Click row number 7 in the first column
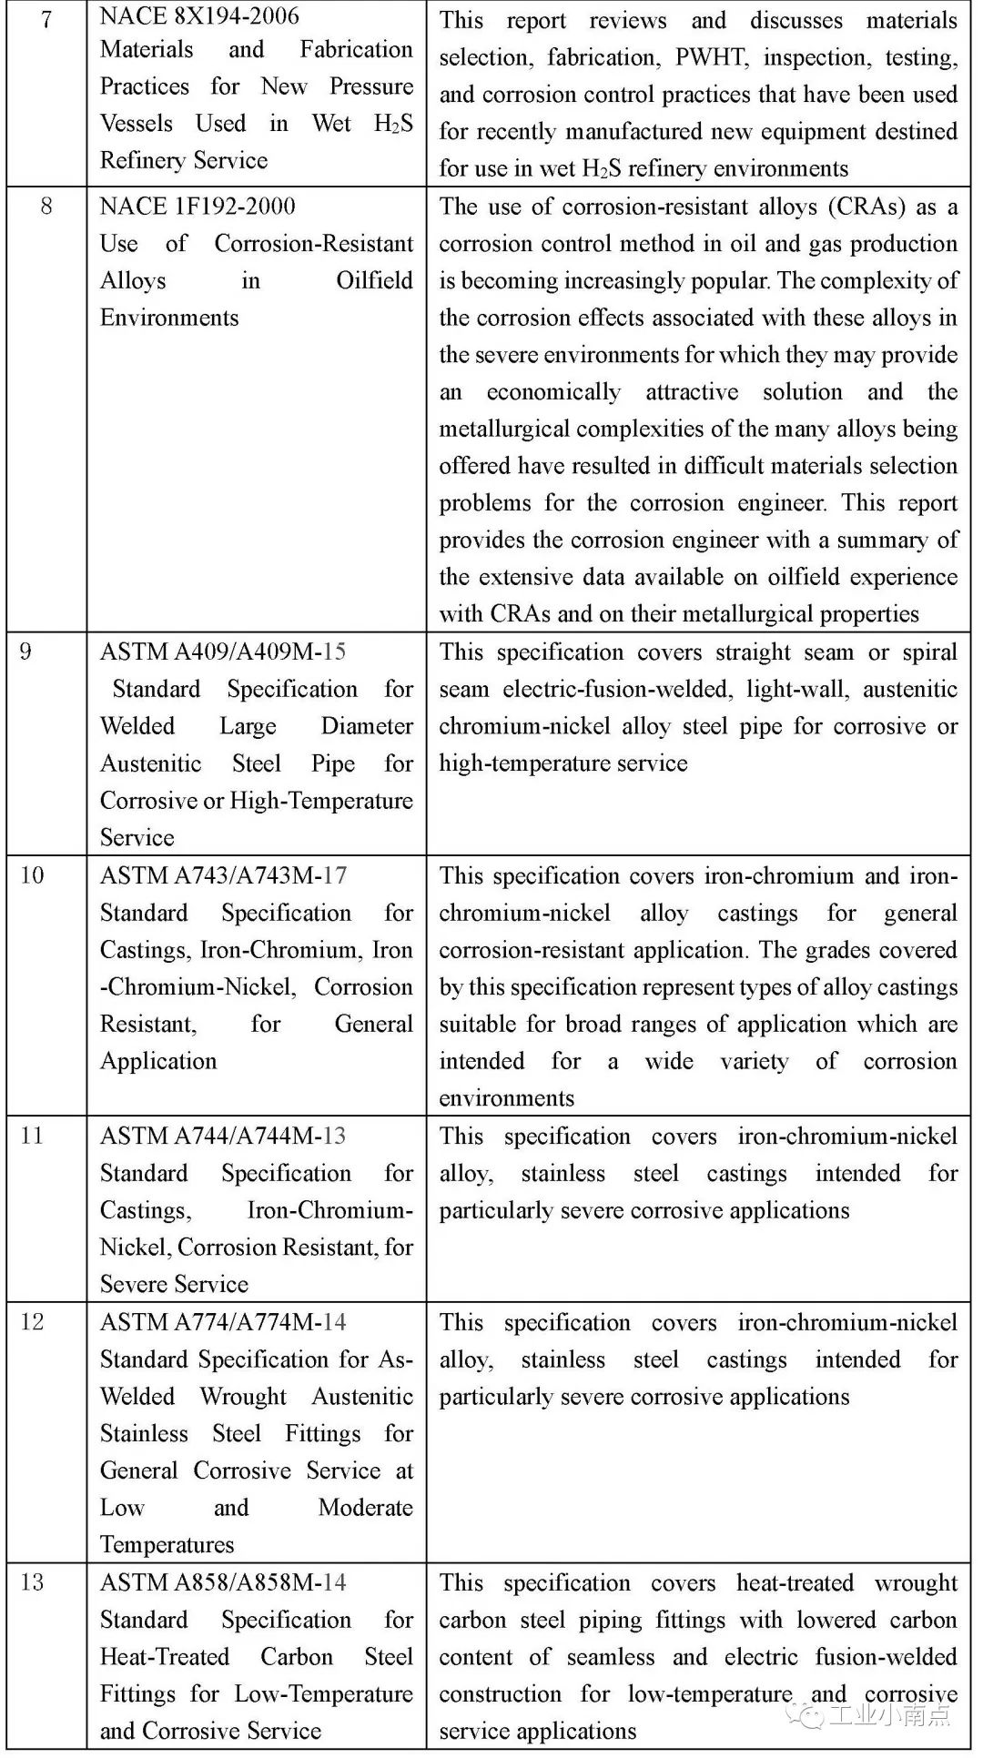(46, 18)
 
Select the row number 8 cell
(46, 206)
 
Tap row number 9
(25, 652)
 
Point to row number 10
(32, 875)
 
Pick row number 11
(32, 1136)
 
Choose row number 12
(32, 1322)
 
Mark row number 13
(32, 1582)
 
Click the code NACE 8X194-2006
(199, 15)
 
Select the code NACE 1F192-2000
(198, 206)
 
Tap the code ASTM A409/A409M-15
(223, 652)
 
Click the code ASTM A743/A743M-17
(223, 875)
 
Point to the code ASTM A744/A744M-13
(223, 1136)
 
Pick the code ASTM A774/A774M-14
(223, 1322)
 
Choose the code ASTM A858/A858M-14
(223, 1582)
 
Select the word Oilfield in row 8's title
(374, 280)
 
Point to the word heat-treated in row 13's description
(795, 1583)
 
